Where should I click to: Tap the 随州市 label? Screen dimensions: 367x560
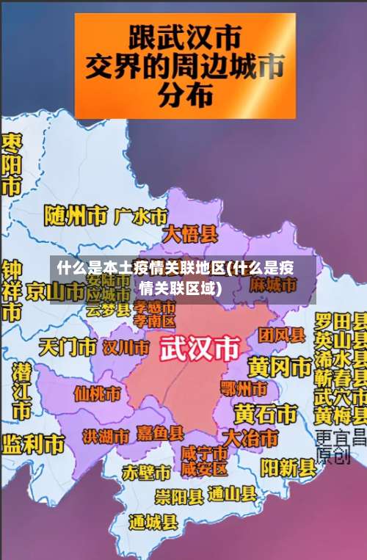(x=75, y=215)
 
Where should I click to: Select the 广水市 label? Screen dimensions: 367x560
(x=142, y=216)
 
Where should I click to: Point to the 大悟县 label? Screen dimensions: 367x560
(x=190, y=234)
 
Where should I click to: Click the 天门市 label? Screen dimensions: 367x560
(x=68, y=346)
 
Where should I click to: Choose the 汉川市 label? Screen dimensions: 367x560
(x=126, y=346)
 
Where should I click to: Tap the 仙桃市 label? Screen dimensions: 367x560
(x=97, y=394)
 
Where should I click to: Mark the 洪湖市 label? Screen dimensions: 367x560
(x=105, y=437)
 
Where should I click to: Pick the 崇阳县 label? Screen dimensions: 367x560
(x=179, y=497)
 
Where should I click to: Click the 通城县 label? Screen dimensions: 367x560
(x=153, y=523)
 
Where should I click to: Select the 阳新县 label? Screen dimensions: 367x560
(x=288, y=468)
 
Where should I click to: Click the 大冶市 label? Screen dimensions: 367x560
(x=250, y=438)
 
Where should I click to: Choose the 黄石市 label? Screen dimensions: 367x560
(x=266, y=413)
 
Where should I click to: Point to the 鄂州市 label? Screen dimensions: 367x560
(x=244, y=388)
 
